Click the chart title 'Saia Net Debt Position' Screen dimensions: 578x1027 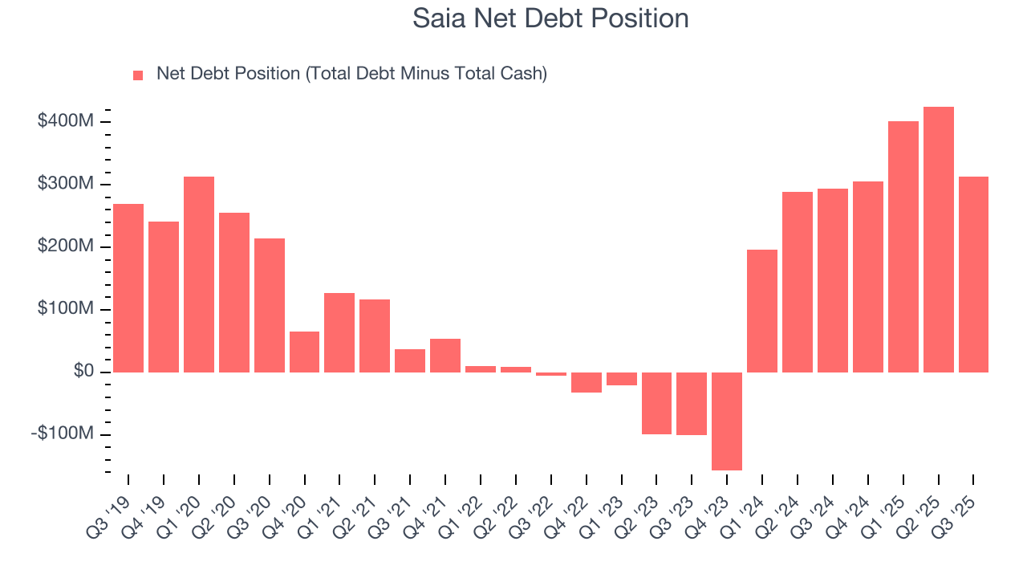point(550,18)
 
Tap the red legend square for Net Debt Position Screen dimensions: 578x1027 point(138,75)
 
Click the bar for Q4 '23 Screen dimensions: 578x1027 point(727,421)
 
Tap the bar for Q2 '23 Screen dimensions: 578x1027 point(656,403)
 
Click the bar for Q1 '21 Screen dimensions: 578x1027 point(339,332)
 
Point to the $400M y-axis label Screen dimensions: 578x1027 point(65,121)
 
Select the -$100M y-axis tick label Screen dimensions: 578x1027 point(62,434)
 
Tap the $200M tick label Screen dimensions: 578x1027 point(65,246)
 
